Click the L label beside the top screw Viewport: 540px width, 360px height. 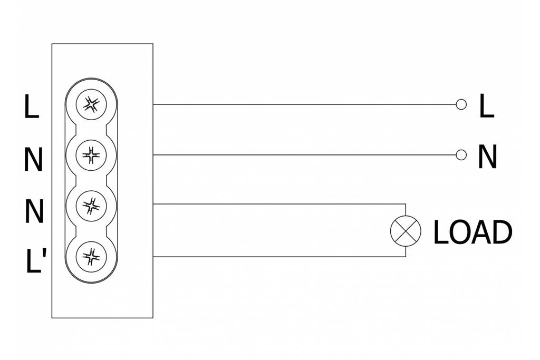(32, 107)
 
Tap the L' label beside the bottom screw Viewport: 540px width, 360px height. (36, 261)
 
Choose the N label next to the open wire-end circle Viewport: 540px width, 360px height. (487, 157)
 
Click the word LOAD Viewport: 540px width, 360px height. (472, 232)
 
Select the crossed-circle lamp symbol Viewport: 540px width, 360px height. (406, 231)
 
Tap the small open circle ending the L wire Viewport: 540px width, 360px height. (461, 104)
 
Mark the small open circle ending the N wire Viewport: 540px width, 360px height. (461, 154)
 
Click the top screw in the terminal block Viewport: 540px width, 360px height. (91, 104)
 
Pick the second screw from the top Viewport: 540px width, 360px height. (91, 155)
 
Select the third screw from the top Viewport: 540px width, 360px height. (91, 206)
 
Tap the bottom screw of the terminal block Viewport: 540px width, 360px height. (91, 257)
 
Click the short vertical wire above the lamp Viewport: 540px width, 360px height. (406, 210)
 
